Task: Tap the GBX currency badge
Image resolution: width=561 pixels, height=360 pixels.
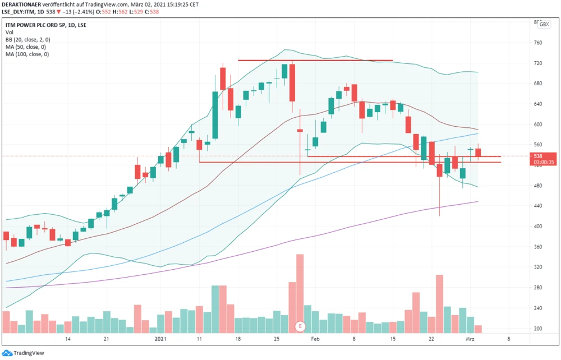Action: [544, 24]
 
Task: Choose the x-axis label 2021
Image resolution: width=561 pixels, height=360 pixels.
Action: [160, 339]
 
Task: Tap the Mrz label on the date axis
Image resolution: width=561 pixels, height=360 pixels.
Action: [470, 339]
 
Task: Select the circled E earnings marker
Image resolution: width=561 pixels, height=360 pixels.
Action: [300, 326]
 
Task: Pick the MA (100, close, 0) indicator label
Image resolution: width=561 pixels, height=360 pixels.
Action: [27, 54]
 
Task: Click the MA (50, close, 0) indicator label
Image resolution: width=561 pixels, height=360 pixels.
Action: [26, 47]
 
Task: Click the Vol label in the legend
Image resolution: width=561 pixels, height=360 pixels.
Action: [10, 33]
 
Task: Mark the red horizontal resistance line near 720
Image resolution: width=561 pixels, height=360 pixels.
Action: [315, 60]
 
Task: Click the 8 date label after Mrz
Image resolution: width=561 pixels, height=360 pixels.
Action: [509, 339]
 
